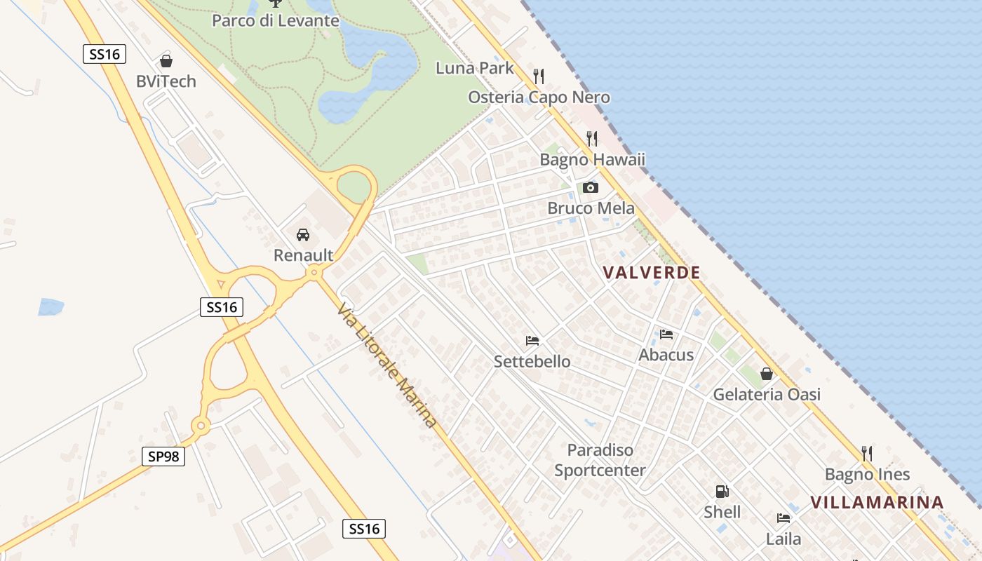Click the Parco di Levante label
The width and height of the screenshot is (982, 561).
[x=276, y=20]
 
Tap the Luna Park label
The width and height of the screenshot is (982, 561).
[x=475, y=68]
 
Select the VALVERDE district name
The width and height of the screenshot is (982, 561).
[x=652, y=272]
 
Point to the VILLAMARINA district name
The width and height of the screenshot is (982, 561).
[x=877, y=502]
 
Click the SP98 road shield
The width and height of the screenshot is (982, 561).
[x=163, y=457]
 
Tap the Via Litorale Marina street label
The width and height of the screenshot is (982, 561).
[x=386, y=365]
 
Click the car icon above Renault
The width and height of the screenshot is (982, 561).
[x=303, y=235]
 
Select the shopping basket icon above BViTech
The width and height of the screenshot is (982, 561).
[x=166, y=61]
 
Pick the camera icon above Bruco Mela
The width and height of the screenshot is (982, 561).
[x=591, y=187]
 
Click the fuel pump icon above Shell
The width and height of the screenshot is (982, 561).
[x=722, y=492]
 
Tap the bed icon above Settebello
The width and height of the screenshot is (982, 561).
[x=532, y=341]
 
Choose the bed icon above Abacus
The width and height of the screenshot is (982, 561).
[x=666, y=334]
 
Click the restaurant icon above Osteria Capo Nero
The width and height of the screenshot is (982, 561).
[x=539, y=76]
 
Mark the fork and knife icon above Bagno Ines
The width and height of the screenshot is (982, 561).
[x=867, y=454]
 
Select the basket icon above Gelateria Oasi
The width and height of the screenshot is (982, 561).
[x=767, y=374]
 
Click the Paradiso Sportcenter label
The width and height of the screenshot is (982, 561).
[x=600, y=460]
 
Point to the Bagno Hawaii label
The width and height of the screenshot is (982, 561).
[x=592, y=159]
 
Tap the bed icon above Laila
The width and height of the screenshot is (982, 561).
[x=783, y=518]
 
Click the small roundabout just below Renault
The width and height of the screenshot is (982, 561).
[x=314, y=272]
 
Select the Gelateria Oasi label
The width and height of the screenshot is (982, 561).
[x=767, y=394]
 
